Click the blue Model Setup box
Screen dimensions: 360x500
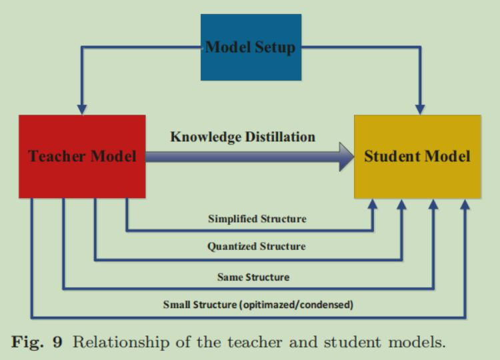[x=251, y=47]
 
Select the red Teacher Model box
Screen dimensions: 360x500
[x=82, y=156]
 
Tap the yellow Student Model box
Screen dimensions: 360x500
[x=417, y=156]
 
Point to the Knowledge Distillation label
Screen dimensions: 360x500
[x=243, y=137]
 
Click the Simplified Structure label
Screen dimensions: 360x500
[x=257, y=218]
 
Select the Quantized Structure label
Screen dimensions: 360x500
[x=257, y=247]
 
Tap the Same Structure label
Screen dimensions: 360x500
[x=253, y=276]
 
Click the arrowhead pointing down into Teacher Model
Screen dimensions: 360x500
[x=82, y=109]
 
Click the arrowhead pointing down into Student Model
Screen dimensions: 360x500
[x=420, y=109]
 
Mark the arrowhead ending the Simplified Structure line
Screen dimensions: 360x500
[x=373, y=205]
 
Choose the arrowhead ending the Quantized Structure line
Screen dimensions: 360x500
[x=402, y=205]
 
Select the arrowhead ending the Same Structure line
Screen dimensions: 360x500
[x=434, y=205]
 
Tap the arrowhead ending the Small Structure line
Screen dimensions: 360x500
[x=465, y=205]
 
